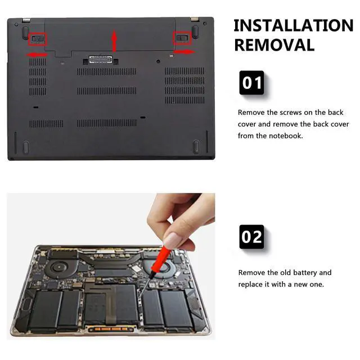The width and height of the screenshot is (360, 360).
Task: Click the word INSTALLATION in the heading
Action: (x=293, y=26)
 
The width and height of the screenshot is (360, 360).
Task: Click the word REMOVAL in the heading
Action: (x=274, y=45)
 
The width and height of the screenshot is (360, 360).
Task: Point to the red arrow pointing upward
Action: (x=114, y=41)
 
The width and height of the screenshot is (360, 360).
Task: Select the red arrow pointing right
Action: (x=183, y=52)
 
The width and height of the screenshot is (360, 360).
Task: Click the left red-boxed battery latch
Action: (x=38, y=39)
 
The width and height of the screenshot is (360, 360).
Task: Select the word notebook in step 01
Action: (x=287, y=136)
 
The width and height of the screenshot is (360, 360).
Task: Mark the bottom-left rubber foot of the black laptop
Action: (x=25, y=147)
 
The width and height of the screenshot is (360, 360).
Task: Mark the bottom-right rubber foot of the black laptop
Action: (x=196, y=147)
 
